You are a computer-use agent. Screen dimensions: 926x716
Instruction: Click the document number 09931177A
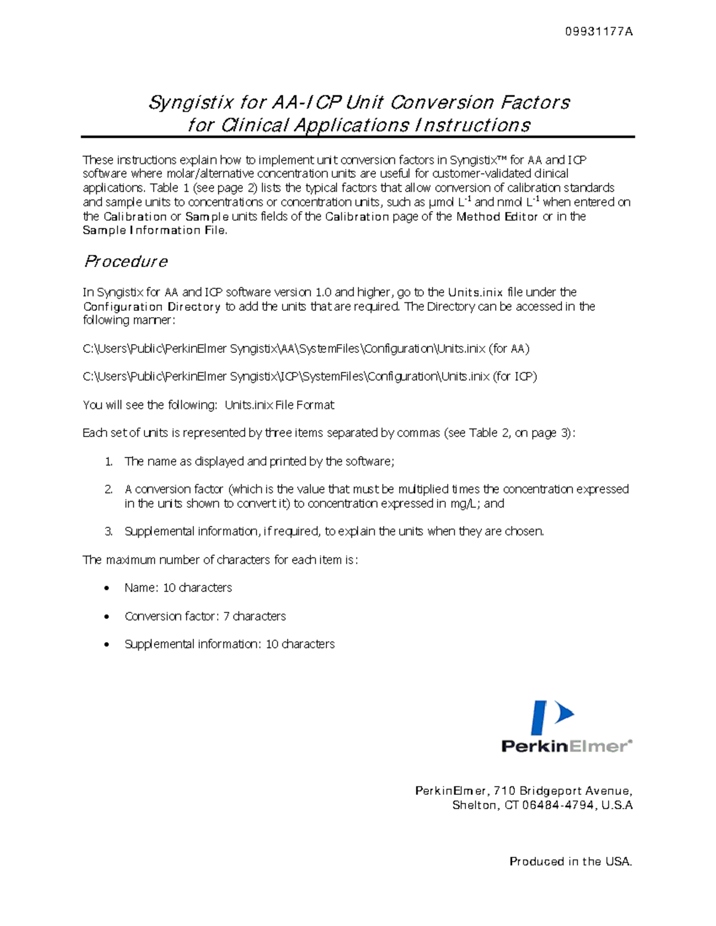pyautogui.click(x=598, y=32)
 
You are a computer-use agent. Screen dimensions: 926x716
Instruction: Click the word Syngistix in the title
pyautogui.click(x=190, y=103)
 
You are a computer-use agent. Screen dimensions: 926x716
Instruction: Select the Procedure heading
pyautogui.click(x=125, y=261)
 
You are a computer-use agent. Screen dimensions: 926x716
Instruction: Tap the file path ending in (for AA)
pyautogui.click(x=305, y=349)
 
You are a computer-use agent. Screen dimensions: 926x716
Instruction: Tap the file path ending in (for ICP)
pyautogui.click(x=310, y=377)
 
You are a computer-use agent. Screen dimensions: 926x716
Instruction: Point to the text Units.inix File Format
pyautogui.click(x=279, y=405)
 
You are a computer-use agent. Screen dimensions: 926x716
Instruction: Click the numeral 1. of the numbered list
pyautogui.click(x=108, y=462)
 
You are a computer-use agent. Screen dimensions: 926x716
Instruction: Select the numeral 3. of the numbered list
pyautogui.click(x=108, y=531)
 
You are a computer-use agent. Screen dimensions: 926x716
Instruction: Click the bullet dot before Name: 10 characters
pyautogui.click(x=107, y=589)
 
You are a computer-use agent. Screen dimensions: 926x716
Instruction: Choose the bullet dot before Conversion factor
pyautogui.click(x=107, y=617)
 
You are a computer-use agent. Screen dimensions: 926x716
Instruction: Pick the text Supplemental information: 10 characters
pyautogui.click(x=229, y=644)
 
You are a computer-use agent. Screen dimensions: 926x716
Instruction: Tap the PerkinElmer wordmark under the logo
pyautogui.click(x=566, y=746)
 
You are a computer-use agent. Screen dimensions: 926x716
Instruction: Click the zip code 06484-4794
pyautogui.click(x=557, y=806)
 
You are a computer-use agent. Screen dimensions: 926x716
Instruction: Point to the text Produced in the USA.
pyautogui.click(x=570, y=862)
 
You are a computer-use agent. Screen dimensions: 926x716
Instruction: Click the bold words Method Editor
pyautogui.click(x=497, y=216)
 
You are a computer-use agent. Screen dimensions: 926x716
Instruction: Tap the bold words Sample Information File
pyautogui.click(x=154, y=231)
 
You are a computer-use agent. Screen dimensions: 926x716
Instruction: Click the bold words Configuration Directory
pyautogui.click(x=152, y=306)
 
